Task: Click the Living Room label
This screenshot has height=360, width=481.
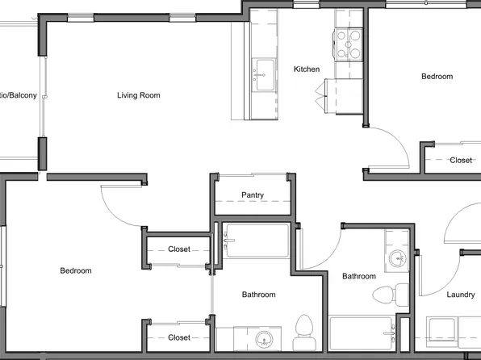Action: (x=138, y=95)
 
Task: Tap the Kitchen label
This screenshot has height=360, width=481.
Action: (x=307, y=69)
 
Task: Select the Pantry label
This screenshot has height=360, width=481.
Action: (x=253, y=195)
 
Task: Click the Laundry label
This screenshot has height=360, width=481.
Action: (x=461, y=295)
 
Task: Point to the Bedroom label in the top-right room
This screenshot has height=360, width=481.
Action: (x=437, y=77)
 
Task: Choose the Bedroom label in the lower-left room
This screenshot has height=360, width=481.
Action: (x=76, y=271)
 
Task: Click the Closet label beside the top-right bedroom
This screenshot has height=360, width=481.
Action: (x=461, y=161)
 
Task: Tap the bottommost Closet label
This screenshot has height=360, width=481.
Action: (x=178, y=337)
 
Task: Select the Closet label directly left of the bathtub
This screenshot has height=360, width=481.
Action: (x=178, y=249)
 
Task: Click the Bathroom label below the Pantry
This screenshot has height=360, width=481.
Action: (x=259, y=295)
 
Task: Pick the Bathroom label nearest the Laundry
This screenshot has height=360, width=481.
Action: (x=358, y=277)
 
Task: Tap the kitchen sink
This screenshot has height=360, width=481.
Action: (x=263, y=75)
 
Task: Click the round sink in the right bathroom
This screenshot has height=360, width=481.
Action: (x=397, y=259)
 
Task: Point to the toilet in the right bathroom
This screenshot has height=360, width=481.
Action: (x=399, y=291)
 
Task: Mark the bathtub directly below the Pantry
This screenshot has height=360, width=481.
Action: (x=257, y=241)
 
